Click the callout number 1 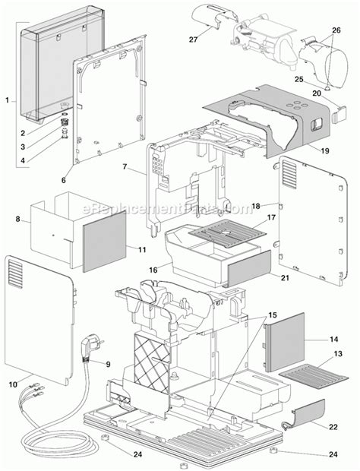pyautogui.click(x=7, y=100)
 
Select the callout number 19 pyautogui.click(x=324, y=151)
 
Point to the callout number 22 pyautogui.click(x=333, y=406)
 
